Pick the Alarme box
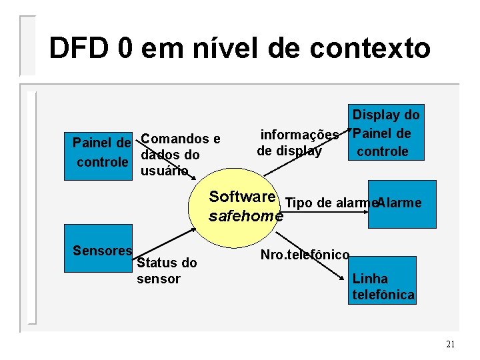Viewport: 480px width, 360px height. tap(402, 204)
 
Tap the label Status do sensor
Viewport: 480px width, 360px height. tap(166, 271)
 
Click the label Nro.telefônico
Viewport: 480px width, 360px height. tap(305, 255)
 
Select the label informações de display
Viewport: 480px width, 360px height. tap(297, 143)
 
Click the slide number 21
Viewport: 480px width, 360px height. tap(450, 344)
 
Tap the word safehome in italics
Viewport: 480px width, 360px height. tap(245, 216)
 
